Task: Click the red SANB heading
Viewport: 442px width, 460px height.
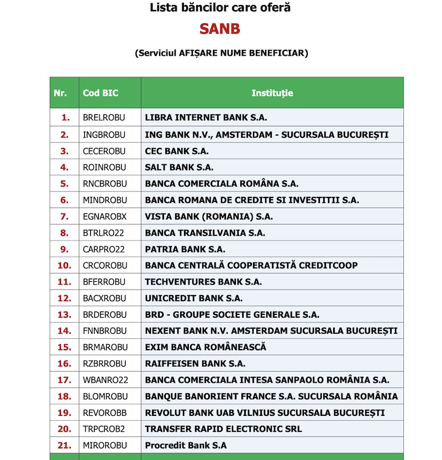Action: (220, 29)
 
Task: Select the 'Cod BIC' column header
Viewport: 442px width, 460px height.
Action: (101, 93)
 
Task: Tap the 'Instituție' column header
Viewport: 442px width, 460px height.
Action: (272, 93)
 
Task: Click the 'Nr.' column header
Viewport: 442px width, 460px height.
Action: (60, 93)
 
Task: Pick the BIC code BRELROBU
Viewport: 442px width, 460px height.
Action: (104, 118)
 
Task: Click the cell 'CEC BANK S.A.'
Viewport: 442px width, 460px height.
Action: (177, 151)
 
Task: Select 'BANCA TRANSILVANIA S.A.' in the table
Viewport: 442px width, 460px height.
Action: (205, 233)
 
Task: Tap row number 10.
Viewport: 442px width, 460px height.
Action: (65, 265)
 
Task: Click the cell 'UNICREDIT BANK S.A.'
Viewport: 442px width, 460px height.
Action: (194, 298)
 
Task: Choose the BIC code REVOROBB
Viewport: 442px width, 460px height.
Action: (104, 413)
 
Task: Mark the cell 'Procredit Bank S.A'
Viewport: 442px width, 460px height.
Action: (186, 445)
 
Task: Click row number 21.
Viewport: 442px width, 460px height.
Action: (65, 445)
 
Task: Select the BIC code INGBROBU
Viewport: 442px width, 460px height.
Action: (104, 135)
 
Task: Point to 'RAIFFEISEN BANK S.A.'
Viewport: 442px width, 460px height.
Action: (196, 363)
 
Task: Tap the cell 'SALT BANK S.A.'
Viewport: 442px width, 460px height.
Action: (179, 167)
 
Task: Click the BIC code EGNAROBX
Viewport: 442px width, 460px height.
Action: (104, 216)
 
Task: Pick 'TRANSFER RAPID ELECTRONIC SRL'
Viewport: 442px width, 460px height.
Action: (223, 429)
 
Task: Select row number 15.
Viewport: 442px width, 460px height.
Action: (65, 347)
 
